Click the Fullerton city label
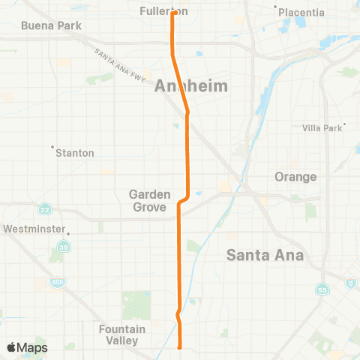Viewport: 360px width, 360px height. click(163, 11)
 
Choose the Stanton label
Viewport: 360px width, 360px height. click(75, 153)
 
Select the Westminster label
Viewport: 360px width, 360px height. click(34, 228)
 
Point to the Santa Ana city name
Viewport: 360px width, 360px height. click(265, 255)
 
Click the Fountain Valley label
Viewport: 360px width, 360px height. click(118, 334)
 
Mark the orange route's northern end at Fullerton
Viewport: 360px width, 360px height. click(173, 12)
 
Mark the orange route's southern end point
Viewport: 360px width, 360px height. click(180, 347)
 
